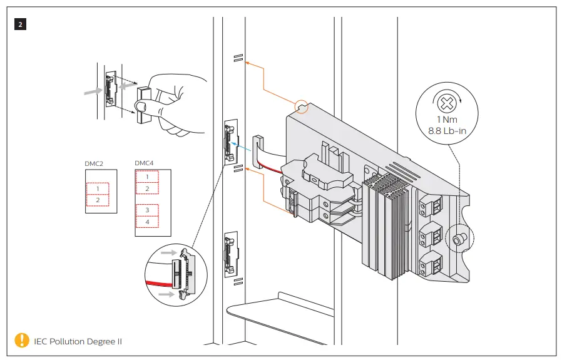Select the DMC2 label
(93, 163)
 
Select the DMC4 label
(143, 163)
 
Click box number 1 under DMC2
(98, 188)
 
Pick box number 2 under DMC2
(98, 200)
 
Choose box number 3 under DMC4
(147, 210)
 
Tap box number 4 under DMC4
(147, 222)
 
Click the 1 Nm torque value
(446, 120)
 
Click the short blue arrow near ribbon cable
(238, 143)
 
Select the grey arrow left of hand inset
(92, 91)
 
